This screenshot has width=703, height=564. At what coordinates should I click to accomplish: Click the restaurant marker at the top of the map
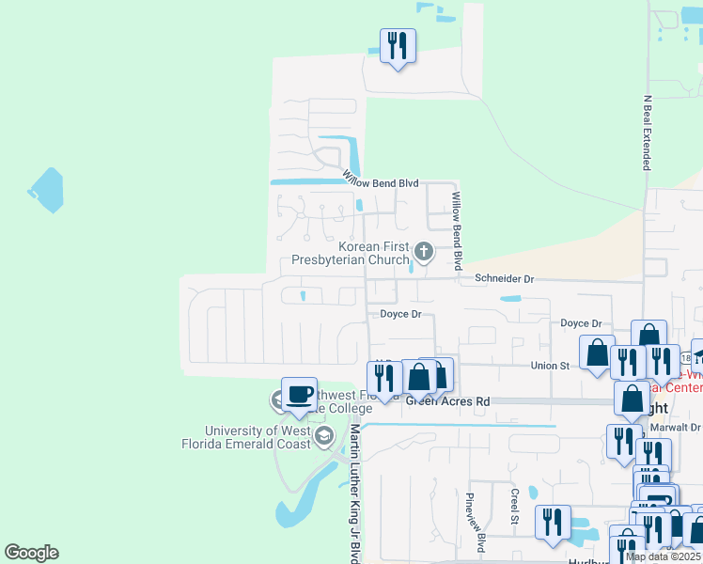tap(398, 45)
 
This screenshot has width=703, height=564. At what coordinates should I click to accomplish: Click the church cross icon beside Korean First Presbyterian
tap(425, 250)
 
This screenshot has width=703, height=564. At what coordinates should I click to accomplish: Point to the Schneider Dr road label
tap(504, 279)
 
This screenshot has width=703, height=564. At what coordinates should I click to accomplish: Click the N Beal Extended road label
tap(647, 132)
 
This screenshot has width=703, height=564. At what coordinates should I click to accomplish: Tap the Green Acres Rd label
tap(447, 400)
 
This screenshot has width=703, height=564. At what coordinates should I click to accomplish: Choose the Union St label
tap(551, 366)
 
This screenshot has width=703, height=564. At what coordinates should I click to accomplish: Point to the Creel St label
tap(514, 505)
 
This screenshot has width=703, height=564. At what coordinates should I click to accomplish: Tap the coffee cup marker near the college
tap(299, 396)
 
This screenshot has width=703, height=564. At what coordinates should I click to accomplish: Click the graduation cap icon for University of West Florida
tap(325, 435)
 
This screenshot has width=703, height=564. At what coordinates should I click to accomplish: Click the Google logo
tap(31, 553)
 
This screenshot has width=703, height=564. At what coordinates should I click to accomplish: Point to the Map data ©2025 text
tap(663, 556)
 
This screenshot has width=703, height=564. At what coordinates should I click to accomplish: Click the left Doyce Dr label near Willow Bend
tap(400, 314)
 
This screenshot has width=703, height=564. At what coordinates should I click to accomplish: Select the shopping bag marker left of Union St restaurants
tap(597, 352)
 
